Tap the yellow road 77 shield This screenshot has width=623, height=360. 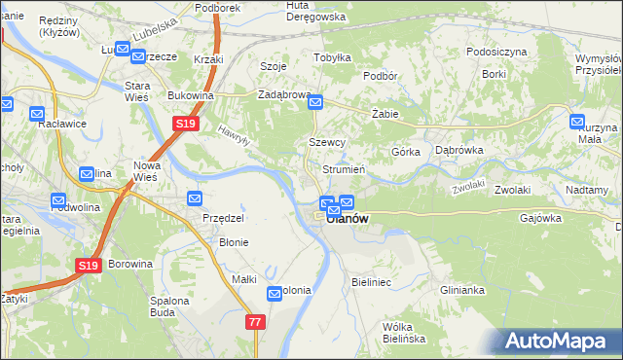click(256, 322)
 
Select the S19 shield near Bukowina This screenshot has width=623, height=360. click(186, 125)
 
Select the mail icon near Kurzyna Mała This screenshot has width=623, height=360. click(577, 122)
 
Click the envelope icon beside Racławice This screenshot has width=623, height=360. click(6, 102)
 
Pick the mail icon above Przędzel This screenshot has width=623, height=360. click(194, 199)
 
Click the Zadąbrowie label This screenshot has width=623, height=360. click(283, 95)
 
